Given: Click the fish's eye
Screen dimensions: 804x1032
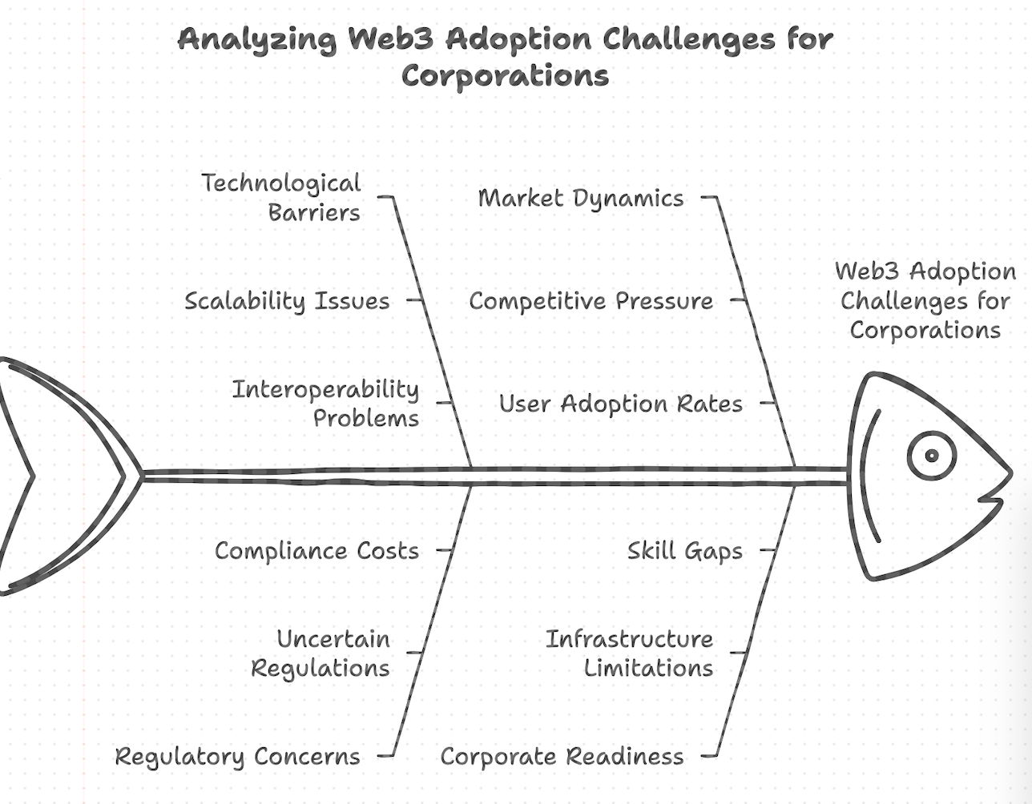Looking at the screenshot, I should [931, 456].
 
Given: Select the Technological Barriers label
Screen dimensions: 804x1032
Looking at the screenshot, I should [282, 198].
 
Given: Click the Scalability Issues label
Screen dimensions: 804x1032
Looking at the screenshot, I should [287, 301].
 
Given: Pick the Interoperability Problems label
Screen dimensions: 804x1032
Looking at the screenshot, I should [326, 404].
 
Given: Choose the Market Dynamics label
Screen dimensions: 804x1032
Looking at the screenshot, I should [581, 199].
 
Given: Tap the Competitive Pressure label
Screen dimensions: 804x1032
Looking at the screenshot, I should [591, 301].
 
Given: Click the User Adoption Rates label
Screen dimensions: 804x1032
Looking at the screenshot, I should [621, 404].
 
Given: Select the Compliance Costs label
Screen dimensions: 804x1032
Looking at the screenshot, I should [316, 551].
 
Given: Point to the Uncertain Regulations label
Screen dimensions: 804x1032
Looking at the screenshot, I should [321, 653].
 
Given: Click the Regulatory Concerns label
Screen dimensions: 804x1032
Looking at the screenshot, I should [238, 757].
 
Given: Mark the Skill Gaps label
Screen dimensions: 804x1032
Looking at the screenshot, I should [684, 551].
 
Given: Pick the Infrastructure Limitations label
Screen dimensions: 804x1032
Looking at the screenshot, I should [630, 653].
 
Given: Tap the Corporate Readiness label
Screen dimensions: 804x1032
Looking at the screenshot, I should [562, 757].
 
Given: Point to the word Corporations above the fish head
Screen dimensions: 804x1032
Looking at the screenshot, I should [925, 330].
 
